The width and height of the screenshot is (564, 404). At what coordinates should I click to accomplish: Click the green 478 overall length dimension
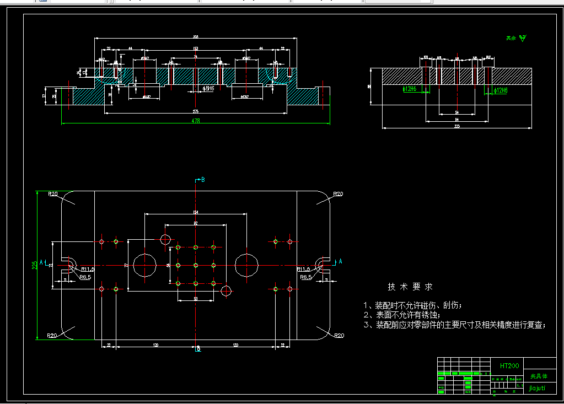coord(195,120)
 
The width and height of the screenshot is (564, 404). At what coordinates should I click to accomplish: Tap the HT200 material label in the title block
coord(507,365)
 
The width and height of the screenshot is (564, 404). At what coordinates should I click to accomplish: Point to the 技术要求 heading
coord(410,287)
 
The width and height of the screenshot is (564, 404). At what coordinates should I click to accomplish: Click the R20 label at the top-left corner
coord(53,194)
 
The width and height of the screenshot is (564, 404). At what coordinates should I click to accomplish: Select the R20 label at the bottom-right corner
coord(338,335)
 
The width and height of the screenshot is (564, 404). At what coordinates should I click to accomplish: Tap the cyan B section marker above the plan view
coord(202,180)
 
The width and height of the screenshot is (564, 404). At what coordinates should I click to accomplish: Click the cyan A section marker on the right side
coord(340,261)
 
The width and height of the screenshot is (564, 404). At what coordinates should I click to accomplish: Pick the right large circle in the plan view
coord(247,265)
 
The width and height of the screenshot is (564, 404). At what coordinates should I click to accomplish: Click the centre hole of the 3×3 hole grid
coord(196,266)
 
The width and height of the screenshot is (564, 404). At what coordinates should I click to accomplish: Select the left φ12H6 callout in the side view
coord(410,89)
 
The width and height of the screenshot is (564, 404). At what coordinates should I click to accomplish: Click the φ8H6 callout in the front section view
coord(208,88)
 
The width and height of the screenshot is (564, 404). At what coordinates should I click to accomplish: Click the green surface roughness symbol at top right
coord(523,38)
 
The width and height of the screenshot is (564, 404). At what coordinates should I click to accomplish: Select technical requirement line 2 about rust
coord(402,315)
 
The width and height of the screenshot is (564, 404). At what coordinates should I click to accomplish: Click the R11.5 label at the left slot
coord(87,270)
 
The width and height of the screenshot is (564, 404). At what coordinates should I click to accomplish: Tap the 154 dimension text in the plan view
coord(196,212)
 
